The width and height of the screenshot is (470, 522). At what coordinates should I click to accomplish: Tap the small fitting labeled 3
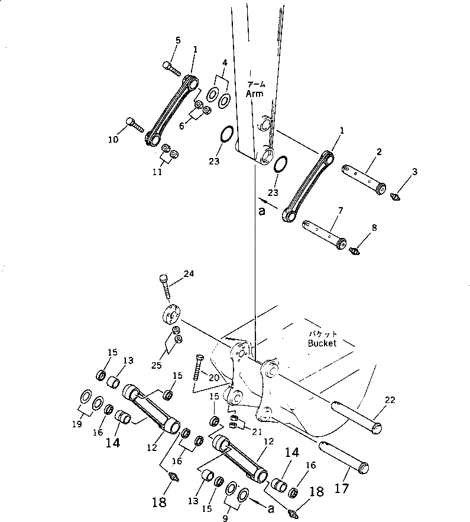click(x=396, y=194)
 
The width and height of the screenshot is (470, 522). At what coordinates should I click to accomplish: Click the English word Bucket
click(x=322, y=343)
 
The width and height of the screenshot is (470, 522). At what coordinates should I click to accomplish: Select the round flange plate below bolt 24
click(x=171, y=315)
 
